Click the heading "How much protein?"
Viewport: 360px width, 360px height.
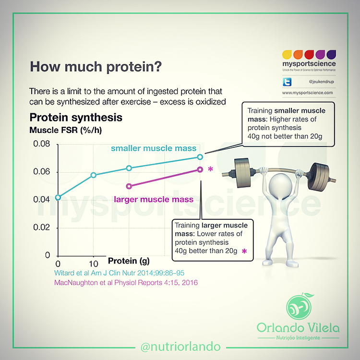click(96, 67)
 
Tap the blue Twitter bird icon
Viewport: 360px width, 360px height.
click(287, 82)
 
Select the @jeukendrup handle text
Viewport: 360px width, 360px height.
click(321, 82)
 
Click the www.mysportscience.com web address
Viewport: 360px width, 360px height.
click(307, 93)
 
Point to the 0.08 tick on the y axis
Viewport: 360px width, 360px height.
click(42, 144)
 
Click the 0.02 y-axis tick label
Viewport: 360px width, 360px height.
click(42, 228)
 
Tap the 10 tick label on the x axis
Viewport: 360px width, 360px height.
click(94, 264)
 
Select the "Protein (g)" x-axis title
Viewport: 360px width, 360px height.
click(129, 261)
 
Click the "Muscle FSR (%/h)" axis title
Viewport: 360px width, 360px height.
click(65, 130)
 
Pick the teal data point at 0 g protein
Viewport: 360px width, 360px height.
click(58, 197)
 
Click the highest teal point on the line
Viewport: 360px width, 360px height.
click(200, 157)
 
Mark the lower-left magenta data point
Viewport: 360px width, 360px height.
click(129, 186)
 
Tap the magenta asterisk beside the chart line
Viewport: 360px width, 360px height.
click(210, 169)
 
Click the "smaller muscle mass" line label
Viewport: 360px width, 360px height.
click(154, 148)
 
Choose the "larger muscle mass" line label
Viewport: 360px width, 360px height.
click(154, 200)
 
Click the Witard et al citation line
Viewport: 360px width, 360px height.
click(119, 273)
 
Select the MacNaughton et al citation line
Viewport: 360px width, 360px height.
click(126, 282)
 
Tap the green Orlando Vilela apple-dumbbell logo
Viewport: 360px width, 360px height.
click(299, 307)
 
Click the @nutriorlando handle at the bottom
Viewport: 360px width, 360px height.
click(180, 347)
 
